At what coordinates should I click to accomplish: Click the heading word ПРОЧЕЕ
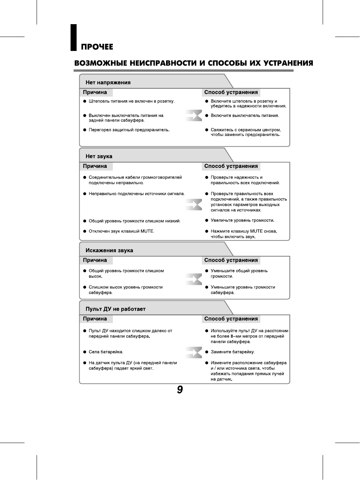coord(97,47)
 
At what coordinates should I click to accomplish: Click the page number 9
coord(180,390)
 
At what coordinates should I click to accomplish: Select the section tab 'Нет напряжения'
coord(108,83)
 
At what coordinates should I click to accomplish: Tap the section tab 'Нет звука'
coord(99,156)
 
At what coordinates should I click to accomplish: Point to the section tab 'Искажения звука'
coord(109,250)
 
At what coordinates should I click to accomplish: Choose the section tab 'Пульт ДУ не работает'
coord(115,309)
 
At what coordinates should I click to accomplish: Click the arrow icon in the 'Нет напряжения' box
coord(194,115)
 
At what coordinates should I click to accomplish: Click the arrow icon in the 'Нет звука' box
coord(194,205)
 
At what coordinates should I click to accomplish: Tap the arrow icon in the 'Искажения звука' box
coord(194,279)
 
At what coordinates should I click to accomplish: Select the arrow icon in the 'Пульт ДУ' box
coord(194,352)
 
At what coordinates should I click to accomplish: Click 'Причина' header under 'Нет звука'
coord(95,166)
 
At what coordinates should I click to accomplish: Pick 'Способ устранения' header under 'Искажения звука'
coord(231,260)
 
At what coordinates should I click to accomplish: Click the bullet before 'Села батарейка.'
coord(85,352)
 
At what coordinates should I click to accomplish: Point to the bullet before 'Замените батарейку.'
coord(207,352)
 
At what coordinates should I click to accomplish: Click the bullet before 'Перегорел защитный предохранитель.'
coord(85,130)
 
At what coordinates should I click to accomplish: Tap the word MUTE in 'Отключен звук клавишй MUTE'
coord(147,231)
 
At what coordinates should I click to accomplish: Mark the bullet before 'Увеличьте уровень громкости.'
coord(207,220)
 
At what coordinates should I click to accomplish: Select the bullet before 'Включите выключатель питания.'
coord(207,115)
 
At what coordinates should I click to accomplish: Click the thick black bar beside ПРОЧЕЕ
coord(74,37)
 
